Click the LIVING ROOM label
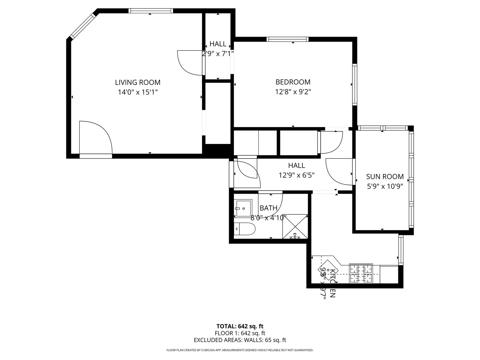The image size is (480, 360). pyautogui.click(x=138, y=82)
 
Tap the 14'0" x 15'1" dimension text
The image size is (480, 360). pyautogui.click(x=138, y=92)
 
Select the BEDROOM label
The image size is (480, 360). pyautogui.click(x=293, y=82)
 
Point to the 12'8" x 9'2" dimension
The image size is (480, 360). pyautogui.click(x=293, y=92)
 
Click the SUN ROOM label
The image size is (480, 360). pyautogui.click(x=385, y=177)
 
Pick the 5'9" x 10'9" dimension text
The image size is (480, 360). pyautogui.click(x=385, y=186)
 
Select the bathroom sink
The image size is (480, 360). pyautogui.click(x=243, y=208)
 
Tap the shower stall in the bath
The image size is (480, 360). pyautogui.click(x=295, y=227)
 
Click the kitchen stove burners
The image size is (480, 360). pyautogui.click(x=361, y=273)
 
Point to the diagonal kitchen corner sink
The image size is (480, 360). pyautogui.click(x=328, y=270)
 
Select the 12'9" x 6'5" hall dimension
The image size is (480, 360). pyautogui.click(x=296, y=175)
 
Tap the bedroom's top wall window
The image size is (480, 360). pyautogui.click(x=287, y=39)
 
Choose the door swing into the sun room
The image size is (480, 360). pyautogui.click(x=339, y=171)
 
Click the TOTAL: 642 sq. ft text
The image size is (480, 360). pyautogui.click(x=240, y=326)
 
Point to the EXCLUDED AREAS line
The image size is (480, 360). pyautogui.click(x=240, y=340)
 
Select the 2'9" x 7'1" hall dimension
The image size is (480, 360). pyautogui.click(x=218, y=53)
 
